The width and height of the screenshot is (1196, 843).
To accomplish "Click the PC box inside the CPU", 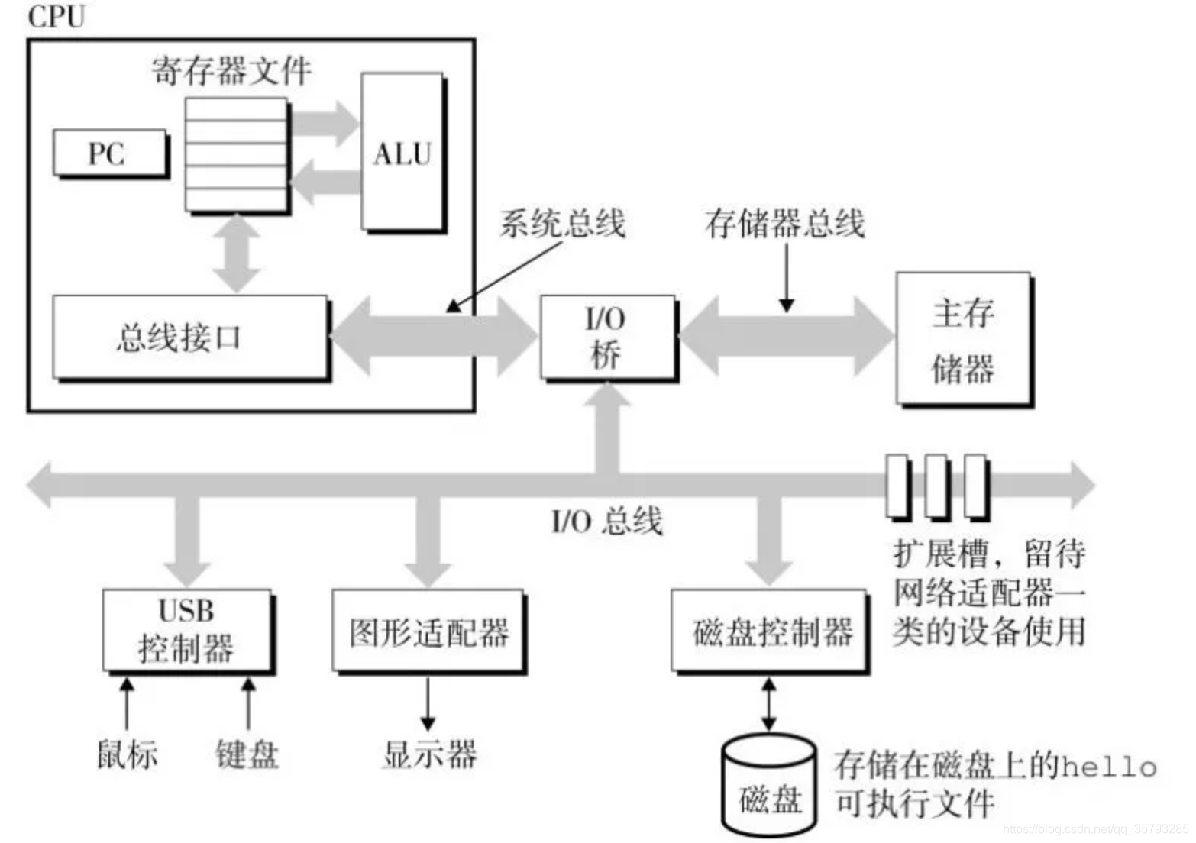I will coord(109,153).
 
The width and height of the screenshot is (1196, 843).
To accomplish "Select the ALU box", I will coord(402,153).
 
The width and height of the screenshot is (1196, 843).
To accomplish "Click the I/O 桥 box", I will coord(607,337).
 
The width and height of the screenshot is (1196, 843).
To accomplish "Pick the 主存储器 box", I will coord(963,339).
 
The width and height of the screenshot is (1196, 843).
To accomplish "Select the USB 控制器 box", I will coord(187,630).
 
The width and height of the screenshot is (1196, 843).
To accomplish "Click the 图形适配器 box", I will coord(428,631).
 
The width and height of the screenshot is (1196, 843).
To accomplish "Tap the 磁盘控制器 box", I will coord(769,631).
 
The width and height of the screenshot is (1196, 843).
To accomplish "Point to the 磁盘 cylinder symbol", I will coord(769,786).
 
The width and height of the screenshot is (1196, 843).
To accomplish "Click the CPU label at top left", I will coord(56,16).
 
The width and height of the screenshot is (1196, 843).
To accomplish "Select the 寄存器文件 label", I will coord(231,71).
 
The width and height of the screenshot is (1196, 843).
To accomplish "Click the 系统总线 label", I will coord(562,224).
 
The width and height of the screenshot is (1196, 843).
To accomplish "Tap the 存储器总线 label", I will coord(784,224).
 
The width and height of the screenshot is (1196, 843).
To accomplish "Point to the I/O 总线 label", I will coord(606,522).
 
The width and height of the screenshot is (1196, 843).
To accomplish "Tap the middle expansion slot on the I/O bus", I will coord(936,486).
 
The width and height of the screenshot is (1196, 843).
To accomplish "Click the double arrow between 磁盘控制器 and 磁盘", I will coord(769,704).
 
